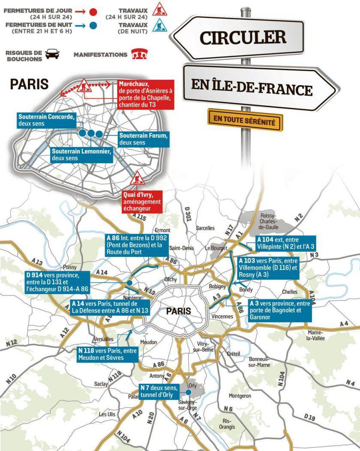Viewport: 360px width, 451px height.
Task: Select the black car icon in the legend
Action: click(52, 54)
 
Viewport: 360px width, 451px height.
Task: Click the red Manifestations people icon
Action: click(137, 55)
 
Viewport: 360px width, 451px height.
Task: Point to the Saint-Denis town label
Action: click(182, 248)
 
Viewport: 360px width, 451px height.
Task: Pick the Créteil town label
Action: click(233, 354)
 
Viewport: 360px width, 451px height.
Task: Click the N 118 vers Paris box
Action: click(107, 354)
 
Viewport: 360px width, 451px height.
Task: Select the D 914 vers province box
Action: click(57, 282)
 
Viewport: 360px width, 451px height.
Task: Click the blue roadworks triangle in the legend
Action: click(159, 25)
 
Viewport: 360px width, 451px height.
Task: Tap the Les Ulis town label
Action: click(107, 414)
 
